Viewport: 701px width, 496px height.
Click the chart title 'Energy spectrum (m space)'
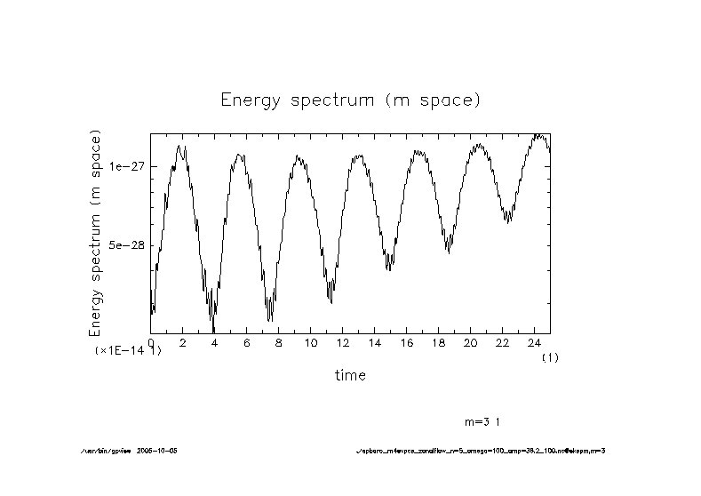(350, 100)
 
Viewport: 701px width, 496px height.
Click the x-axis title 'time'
(350, 375)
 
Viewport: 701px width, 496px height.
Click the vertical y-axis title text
(96, 233)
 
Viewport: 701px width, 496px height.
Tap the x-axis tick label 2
(183, 342)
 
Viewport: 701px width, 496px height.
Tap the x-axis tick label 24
(534, 342)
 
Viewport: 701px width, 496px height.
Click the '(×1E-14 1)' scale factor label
(128, 351)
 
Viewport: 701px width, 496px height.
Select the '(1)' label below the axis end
(550, 356)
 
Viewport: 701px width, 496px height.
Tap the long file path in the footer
(480, 451)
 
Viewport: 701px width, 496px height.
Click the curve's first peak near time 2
(180, 146)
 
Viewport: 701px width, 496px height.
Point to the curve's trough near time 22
(507, 220)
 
